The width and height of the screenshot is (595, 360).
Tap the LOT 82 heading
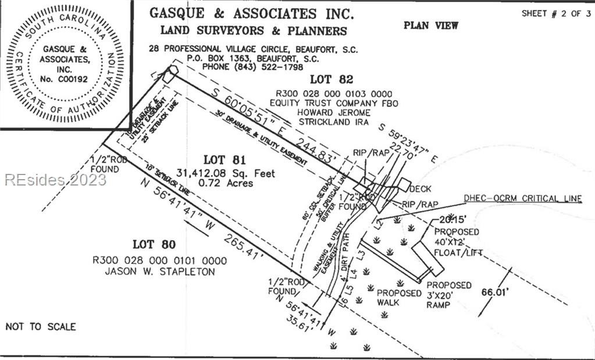(331, 80)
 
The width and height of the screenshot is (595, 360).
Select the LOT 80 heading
(154, 244)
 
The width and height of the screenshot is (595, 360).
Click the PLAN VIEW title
(430, 25)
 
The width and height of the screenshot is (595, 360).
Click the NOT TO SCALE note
(40, 326)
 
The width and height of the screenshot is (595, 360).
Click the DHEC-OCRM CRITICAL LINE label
(522, 198)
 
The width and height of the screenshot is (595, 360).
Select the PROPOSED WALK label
(398, 298)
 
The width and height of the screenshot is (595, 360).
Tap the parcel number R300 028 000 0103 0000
(334, 93)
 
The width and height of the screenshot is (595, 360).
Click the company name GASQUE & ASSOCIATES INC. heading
(251, 13)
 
